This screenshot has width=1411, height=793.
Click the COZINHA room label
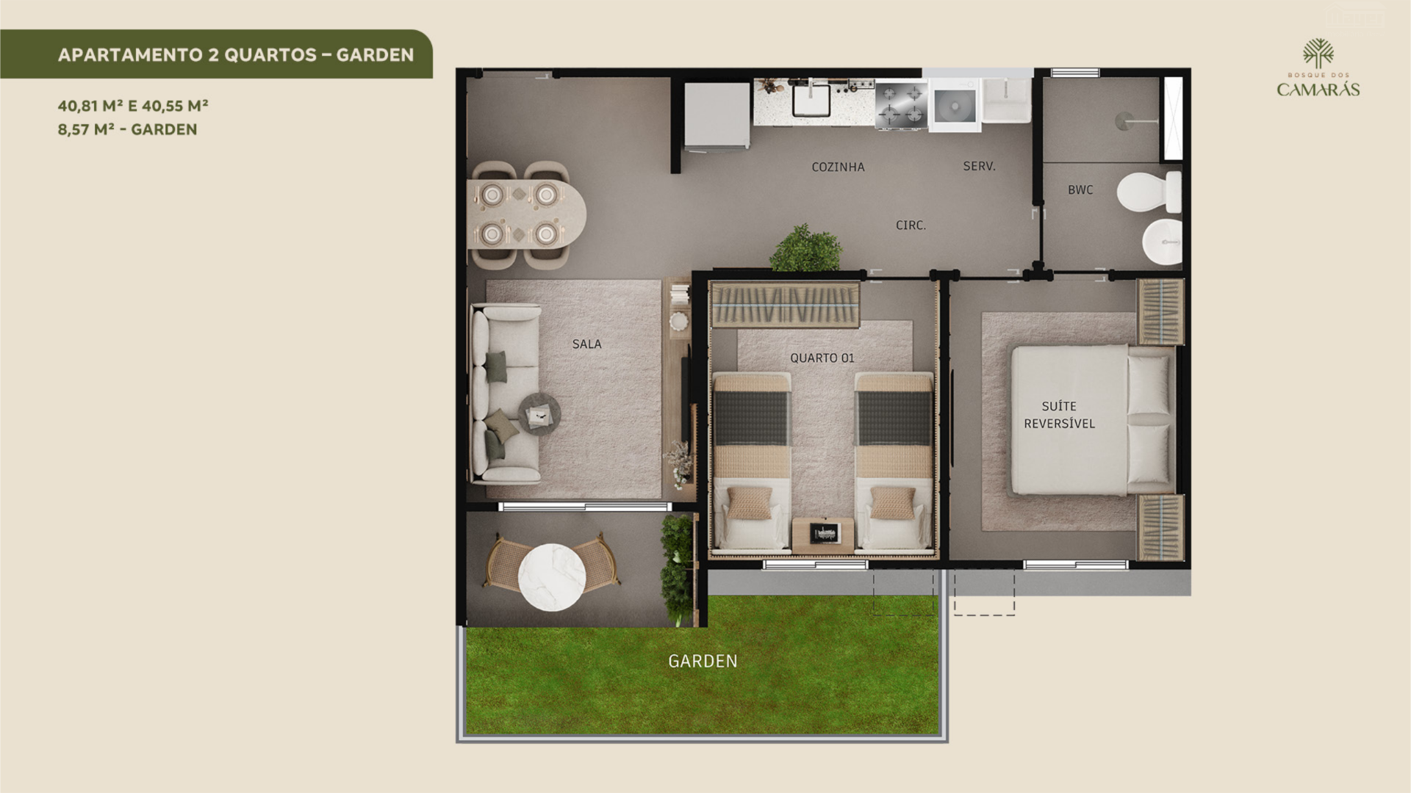[x=838, y=167]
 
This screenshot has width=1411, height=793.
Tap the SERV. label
[x=979, y=167]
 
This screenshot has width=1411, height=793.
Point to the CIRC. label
[x=911, y=225]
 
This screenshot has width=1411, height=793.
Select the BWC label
[x=1080, y=190]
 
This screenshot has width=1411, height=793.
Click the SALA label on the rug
[x=586, y=344]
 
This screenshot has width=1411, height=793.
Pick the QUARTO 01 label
[x=822, y=358]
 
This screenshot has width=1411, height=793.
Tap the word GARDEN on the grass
[x=703, y=661]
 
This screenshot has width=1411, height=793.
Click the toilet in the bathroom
[x=1149, y=192]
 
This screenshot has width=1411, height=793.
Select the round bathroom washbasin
[x=1162, y=242]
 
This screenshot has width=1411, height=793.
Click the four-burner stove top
[x=902, y=105]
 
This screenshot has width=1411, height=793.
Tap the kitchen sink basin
[x=811, y=101]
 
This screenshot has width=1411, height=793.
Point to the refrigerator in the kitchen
[x=717, y=115]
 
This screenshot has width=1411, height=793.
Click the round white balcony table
[x=552, y=577]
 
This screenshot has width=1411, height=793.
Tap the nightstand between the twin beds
[x=823, y=535]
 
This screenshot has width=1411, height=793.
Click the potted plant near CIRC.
[x=806, y=248]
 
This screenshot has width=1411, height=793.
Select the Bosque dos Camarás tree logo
[x=1318, y=54]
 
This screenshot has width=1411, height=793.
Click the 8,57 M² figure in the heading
[x=85, y=129]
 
